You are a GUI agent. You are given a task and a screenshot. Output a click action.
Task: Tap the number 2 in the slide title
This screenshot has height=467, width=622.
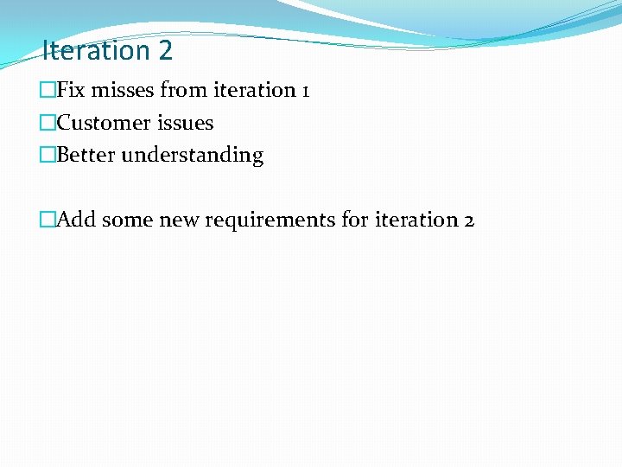(x=166, y=50)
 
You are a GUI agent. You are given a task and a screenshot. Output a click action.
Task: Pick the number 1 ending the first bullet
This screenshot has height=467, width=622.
(x=305, y=91)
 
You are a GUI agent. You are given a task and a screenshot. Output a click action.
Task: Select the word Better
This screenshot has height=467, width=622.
(x=86, y=155)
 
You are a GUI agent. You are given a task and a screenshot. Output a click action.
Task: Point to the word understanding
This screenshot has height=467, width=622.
(x=193, y=156)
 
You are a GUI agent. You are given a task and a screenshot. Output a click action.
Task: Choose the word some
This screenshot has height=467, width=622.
(x=128, y=220)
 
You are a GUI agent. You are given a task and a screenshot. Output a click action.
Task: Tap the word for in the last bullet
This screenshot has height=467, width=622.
(x=355, y=220)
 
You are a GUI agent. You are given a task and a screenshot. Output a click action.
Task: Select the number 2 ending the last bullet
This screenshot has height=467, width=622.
(x=469, y=221)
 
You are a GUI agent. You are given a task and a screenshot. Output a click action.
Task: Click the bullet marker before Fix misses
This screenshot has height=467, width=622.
(x=48, y=90)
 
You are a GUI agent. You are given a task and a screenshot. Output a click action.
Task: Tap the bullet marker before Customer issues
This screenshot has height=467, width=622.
(x=48, y=123)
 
